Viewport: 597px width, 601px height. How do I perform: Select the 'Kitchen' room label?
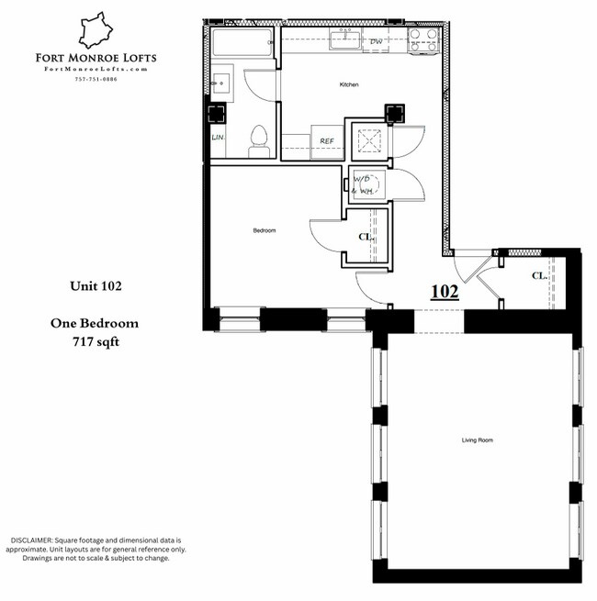tap(348, 84)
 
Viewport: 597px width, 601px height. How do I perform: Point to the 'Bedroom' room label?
tap(265, 230)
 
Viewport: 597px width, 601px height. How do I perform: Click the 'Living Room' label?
tap(477, 440)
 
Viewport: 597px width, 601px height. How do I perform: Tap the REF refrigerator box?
tap(325, 140)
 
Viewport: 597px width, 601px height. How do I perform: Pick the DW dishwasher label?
tap(376, 42)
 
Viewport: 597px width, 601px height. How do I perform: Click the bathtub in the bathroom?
tap(242, 42)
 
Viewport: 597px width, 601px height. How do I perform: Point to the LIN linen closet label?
tap(218, 138)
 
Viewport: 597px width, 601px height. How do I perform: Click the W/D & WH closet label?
tap(363, 185)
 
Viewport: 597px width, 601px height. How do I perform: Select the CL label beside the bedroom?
tap(364, 238)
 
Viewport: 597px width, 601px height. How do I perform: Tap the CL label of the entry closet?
tap(538, 275)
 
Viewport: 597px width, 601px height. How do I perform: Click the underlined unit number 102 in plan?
tap(445, 292)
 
